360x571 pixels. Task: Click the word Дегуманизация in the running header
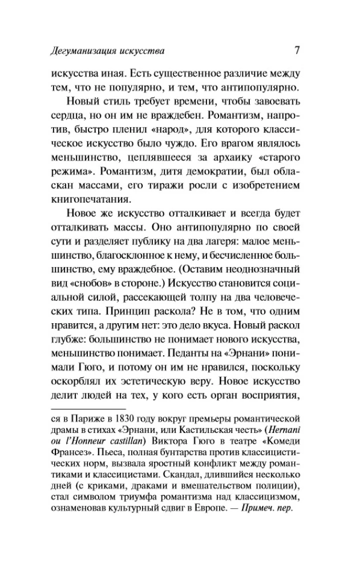point(84,51)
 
